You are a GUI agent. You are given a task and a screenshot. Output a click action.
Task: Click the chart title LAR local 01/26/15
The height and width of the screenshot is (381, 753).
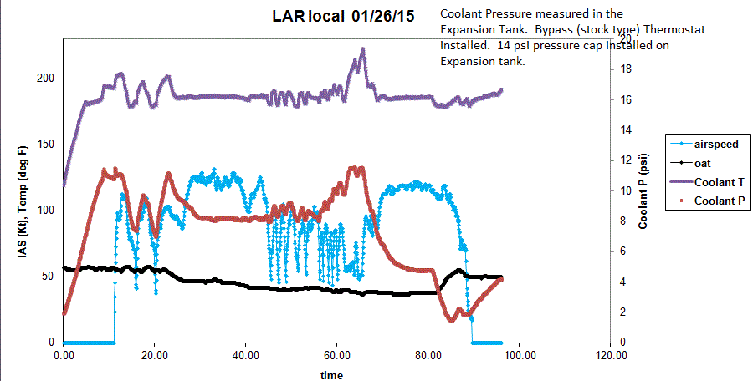[x=343, y=16]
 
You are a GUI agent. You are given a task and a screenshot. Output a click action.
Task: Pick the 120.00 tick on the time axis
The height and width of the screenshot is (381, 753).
[x=610, y=354]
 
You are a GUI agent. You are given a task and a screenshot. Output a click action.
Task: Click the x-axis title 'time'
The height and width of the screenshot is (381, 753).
[x=332, y=375]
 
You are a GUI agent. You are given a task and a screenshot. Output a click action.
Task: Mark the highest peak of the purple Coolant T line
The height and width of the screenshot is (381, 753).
[x=363, y=48]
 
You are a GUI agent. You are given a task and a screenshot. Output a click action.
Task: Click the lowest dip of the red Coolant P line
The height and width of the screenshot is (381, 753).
[x=453, y=320]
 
